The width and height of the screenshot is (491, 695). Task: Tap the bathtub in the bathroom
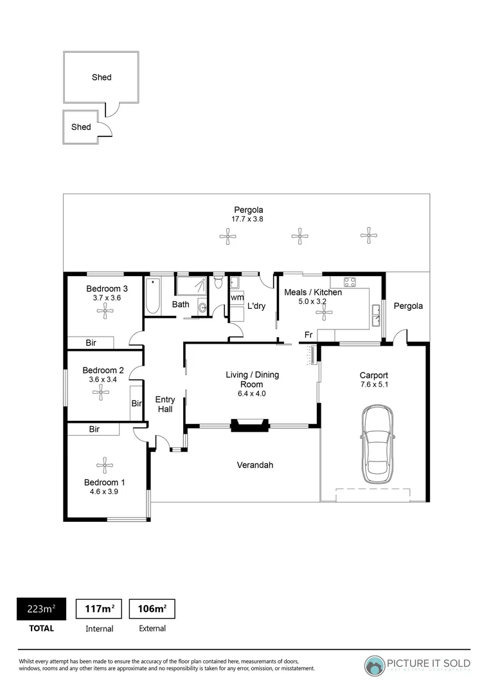tap(152, 297)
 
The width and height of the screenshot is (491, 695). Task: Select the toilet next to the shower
tap(219, 282)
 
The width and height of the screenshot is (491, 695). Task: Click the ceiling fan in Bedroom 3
tap(103, 312)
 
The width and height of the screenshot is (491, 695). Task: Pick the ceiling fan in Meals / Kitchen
tap(325, 314)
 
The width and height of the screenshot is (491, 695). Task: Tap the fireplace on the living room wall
tap(250, 425)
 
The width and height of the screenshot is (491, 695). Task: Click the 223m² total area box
tap(41, 608)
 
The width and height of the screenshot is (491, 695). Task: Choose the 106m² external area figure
tap(152, 608)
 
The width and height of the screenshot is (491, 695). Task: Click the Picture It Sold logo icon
tap(375, 665)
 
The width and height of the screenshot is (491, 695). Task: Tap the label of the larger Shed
tap(102, 77)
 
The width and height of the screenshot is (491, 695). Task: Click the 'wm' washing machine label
tap(237, 297)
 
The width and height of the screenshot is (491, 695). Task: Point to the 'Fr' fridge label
tap(308, 335)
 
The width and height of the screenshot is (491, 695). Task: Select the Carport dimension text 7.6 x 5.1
tap(374, 385)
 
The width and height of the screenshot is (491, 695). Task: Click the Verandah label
tap(255, 465)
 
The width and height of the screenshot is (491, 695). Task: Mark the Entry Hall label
tap(165, 404)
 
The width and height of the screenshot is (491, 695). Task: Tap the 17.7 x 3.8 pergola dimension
tap(248, 219)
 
